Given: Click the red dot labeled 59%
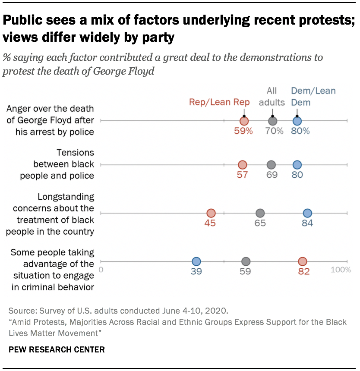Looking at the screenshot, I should tap(244, 121).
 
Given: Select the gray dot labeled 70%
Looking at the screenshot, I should tap(272, 121).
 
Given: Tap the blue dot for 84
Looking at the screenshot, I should tap(307, 213).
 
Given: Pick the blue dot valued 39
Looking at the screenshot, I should tap(196, 261).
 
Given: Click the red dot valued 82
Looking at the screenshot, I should tap(303, 261).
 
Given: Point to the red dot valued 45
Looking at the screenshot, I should tap(211, 213).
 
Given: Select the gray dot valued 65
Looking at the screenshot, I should tap(260, 213).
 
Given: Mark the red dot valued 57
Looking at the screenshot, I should tap(243, 165).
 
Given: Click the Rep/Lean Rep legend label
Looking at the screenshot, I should tap(219, 102).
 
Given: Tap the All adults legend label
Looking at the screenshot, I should tap(272, 97).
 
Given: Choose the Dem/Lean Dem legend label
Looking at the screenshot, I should tap(313, 97).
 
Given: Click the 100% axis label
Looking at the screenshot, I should tap(341, 270).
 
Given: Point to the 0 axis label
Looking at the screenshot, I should tap(101, 270).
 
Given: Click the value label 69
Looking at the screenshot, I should tap(272, 175).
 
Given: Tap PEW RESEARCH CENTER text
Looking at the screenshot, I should tap(57, 349).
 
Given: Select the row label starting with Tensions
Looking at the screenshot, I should tap(64, 164).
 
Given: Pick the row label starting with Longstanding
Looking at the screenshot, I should tap(65, 214).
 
